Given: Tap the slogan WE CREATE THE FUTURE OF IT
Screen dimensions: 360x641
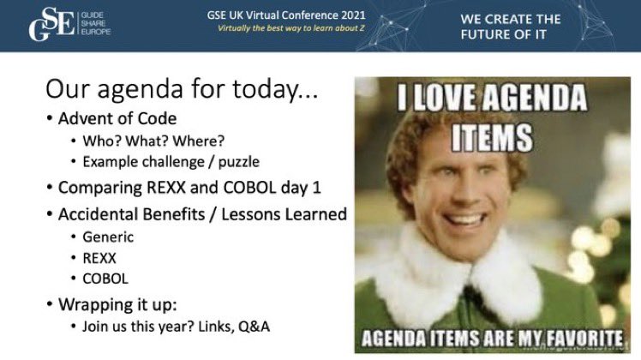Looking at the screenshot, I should tap(512, 26).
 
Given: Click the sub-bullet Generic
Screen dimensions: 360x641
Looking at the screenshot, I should tap(108, 237).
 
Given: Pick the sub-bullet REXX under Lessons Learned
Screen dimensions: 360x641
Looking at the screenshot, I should tap(101, 258).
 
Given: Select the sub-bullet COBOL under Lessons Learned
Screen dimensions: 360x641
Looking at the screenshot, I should tap(105, 279).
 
